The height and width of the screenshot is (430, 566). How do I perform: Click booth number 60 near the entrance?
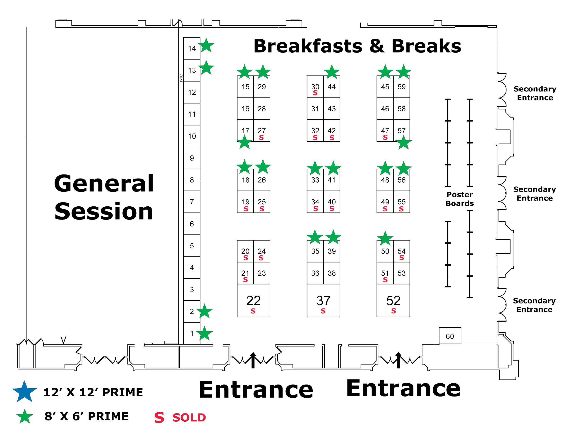tap(450, 336)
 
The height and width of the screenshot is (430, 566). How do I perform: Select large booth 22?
tap(253, 301)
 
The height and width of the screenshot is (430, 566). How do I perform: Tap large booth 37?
tap(323, 301)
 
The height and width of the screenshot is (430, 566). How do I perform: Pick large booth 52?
tap(393, 301)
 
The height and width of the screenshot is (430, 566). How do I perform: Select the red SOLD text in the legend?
tap(189, 418)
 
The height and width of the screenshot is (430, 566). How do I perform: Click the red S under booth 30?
tap(315, 93)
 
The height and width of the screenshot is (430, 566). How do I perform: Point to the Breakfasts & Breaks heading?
tap(357, 46)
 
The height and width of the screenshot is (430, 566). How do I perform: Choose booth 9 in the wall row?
tap(192, 158)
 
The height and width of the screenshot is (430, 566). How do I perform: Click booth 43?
tap(331, 109)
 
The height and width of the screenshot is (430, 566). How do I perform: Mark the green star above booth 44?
tap(331, 72)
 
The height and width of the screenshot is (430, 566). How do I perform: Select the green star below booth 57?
tap(403, 143)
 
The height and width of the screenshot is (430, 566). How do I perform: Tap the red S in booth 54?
tap(401, 258)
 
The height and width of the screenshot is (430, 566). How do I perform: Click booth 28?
tap(262, 109)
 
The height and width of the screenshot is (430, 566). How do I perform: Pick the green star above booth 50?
tap(385, 238)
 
